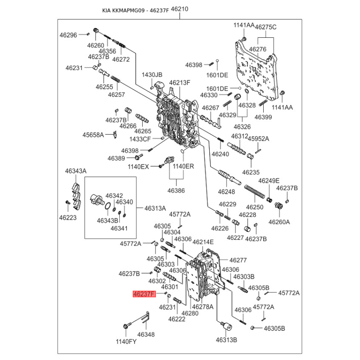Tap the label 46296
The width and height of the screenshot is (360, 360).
(x=68, y=34)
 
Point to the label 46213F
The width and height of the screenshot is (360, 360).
(x=180, y=83)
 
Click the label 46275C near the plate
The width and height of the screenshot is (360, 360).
(x=266, y=27)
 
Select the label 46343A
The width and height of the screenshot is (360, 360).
(x=76, y=171)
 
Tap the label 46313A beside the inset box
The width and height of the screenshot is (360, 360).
(x=155, y=208)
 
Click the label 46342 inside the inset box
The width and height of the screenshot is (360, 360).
(x=114, y=196)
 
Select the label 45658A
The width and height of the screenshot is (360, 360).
(x=93, y=135)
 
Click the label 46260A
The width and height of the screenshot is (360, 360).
(x=279, y=221)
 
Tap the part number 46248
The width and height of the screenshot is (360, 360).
(x=226, y=192)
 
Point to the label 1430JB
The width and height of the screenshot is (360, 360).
(x=152, y=75)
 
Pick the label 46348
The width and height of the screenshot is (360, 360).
(x=146, y=334)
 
